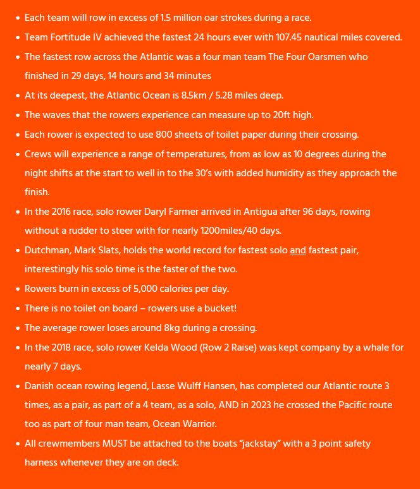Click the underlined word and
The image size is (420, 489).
(298, 251)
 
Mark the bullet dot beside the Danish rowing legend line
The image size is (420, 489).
(17, 387)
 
